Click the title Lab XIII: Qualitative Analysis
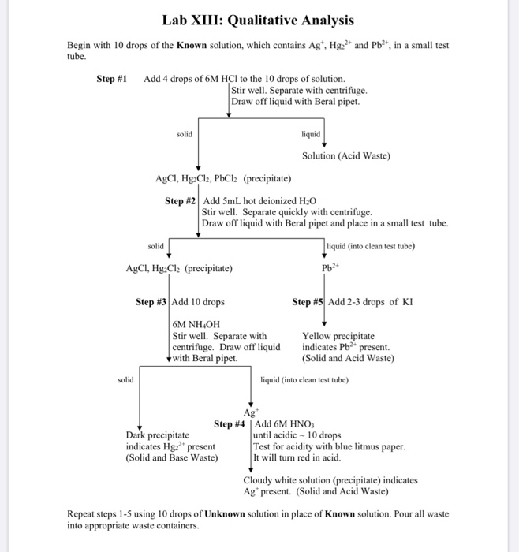click(259, 21)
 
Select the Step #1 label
click(112, 79)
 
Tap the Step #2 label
click(180, 201)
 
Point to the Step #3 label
click(151, 302)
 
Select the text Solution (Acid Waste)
click(346, 155)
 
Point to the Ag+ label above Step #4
click(252, 413)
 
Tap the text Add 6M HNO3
click(284, 424)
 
